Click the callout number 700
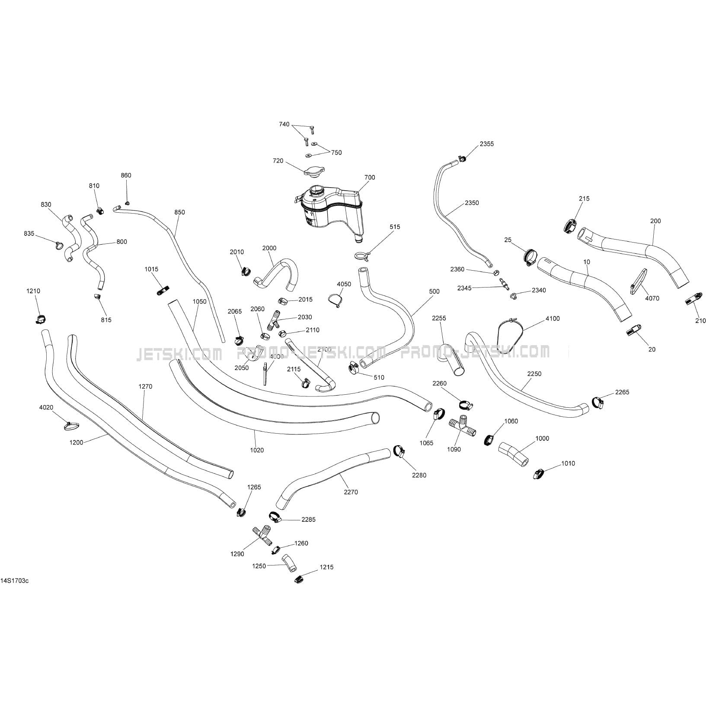coord(370,177)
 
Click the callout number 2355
coord(486,144)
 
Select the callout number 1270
coord(145,387)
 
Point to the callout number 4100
coord(553,319)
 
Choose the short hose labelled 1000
coord(514,453)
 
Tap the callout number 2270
coord(351,492)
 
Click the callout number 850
coord(179,212)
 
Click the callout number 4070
coord(652,298)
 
